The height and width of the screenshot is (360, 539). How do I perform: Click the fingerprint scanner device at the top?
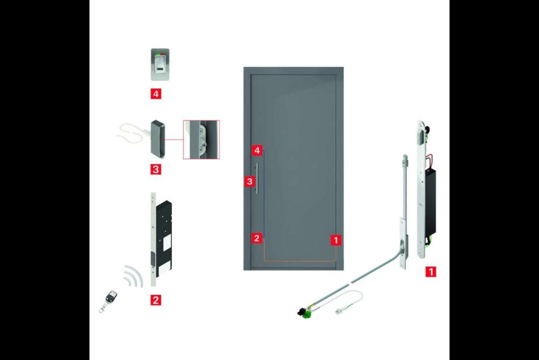click(x=160, y=65)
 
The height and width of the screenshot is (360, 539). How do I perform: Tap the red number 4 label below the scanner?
click(x=156, y=94)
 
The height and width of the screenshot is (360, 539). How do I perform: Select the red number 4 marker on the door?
click(x=257, y=150)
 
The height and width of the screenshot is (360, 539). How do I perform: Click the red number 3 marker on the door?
click(x=250, y=181)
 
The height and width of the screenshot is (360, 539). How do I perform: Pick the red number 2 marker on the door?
click(x=257, y=238)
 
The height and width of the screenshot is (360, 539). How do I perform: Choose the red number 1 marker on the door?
click(x=336, y=240)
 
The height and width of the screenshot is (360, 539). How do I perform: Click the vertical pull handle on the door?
click(x=257, y=178)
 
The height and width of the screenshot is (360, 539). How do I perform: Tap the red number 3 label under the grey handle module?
click(x=156, y=169)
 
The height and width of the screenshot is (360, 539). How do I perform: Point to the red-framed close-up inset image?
click(x=201, y=140)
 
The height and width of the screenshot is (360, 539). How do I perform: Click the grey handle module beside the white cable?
click(x=158, y=137)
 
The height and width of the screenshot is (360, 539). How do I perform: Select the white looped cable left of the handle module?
click(x=132, y=134)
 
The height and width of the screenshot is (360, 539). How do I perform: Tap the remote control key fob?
click(x=109, y=300)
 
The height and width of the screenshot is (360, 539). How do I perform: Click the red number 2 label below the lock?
click(x=155, y=300)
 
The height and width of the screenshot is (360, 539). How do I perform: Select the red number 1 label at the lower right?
click(x=430, y=272)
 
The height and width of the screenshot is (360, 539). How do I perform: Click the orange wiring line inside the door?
click(x=300, y=261)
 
